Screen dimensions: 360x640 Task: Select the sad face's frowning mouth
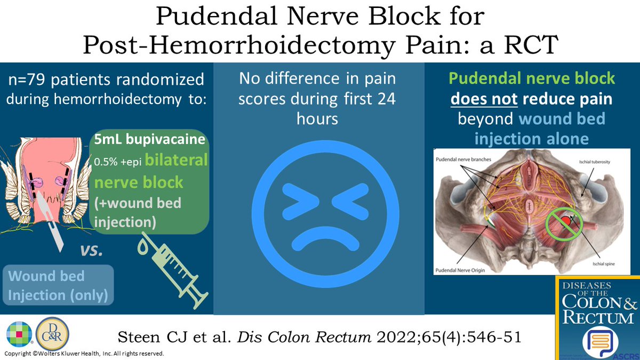click(318, 240)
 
